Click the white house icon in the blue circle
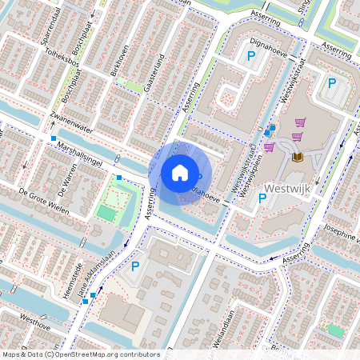tap(180, 172)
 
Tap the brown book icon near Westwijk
tap(298, 157)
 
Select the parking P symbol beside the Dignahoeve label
tap(251, 56)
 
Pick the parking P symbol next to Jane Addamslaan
tap(135, 266)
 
